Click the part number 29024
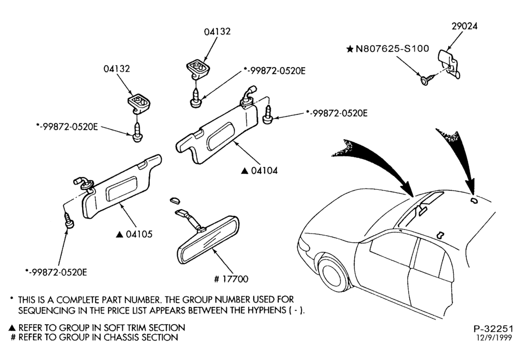[464, 26]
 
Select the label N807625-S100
[392, 49]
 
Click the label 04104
[264, 171]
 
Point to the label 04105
[139, 234]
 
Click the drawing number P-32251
[493, 329]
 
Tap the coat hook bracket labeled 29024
[450, 63]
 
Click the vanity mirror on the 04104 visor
[220, 135]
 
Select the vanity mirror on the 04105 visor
[121, 188]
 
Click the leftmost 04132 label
[116, 69]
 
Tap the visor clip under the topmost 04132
[198, 68]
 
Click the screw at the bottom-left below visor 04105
[69, 221]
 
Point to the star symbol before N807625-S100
[349, 49]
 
